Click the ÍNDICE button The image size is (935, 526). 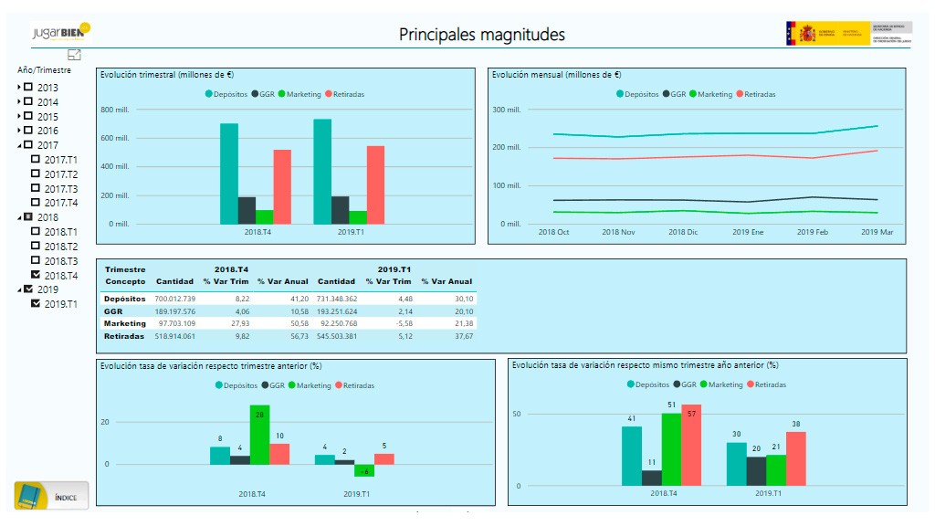(x=51, y=496)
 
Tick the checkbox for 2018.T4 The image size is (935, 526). (x=36, y=275)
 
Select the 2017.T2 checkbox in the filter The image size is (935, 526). (x=36, y=174)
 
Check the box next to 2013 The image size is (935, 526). (x=28, y=88)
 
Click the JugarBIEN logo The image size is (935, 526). (x=60, y=32)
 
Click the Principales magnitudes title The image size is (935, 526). (x=481, y=35)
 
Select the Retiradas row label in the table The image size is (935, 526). (x=124, y=336)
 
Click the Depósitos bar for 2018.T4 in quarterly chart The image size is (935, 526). (x=228, y=174)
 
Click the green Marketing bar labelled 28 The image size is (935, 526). (x=259, y=435)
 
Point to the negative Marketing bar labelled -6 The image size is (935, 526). (x=364, y=470)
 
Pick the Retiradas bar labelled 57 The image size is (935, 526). (x=691, y=445)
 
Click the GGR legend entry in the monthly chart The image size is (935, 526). (x=674, y=94)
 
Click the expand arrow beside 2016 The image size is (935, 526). (x=19, y=131)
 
